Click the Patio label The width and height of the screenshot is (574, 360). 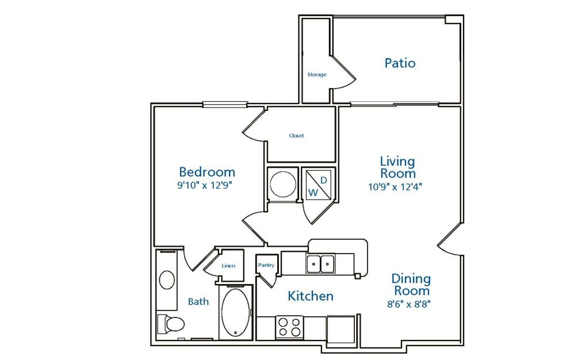coord(400,63)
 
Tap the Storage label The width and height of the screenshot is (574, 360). coord(317,75)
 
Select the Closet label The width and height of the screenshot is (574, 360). coord(296,135)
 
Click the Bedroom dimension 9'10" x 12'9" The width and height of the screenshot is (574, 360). coord(205,185)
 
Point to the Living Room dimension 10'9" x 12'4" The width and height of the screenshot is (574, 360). coord(395,187)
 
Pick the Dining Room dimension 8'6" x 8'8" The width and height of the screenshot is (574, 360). coord(408,304)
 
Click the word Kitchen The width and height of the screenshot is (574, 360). coord(311,296)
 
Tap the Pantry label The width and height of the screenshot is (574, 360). coord(266,265)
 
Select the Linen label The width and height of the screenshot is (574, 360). coord(228,266)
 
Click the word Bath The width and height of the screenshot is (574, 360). coord(198,301)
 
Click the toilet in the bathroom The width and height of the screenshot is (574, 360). coord(171,324)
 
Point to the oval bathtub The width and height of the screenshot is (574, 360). coord(235,312)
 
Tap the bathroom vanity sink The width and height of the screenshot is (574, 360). coord(167,280)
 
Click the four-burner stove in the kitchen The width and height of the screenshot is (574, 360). coord(289,327)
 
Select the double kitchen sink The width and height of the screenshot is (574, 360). coord(320,263)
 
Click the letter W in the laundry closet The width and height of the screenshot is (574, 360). coord(313,193)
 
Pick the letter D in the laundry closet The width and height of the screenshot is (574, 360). coord(324,180)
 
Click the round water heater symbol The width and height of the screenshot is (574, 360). coord(282,184)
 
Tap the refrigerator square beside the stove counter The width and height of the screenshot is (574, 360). coord(341,329)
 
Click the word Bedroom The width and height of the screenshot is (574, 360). coord(207,172)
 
